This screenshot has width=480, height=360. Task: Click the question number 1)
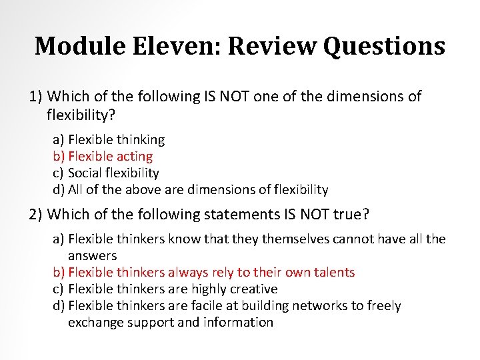pos(37,97)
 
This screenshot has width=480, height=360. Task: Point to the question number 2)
pos(37,214)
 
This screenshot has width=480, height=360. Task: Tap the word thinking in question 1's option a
pos(140,140)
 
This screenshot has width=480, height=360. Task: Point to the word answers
pos(92,255)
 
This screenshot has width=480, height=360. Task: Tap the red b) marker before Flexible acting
pos(59,157)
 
